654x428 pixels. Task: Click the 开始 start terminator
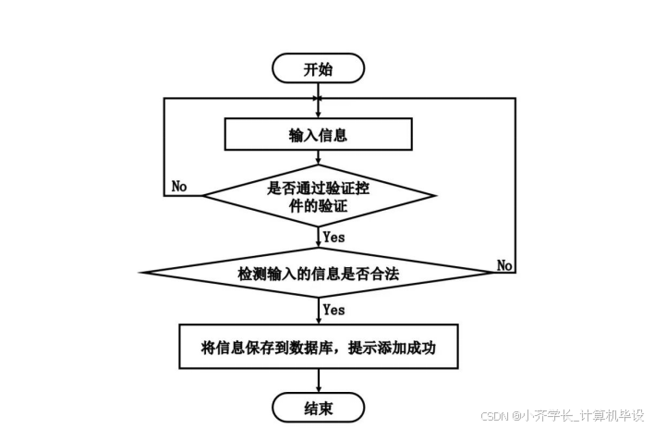pyautogui.click(x=318, y=68)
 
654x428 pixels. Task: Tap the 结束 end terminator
pyautogui.click(x=318, y=407)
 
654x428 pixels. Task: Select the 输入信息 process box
pyautogui.click(x=318, y=135)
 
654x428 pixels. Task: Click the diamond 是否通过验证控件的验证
pyautogui.click(x=318, y=196)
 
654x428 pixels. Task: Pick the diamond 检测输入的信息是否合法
pyautogui.click(x=318, y=273)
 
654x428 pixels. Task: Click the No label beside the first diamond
pyautogui.click(x=179, y=187)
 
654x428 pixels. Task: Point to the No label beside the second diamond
pyautogui.click(x=504, y=265)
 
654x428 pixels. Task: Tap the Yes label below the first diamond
pyautogui.click(x=333, y=237)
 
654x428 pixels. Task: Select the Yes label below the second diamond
pyautogui.click(x=333, y=310)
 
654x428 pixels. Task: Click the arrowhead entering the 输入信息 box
pyautogui.click(x=318, y=116)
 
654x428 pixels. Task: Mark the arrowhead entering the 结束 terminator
pyautogui.click(x=318, y=388)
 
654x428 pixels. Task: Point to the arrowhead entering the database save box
pyautogui.click(x=318, y=319)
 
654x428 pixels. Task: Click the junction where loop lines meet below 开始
pyautogui.click(x=318, y=97)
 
